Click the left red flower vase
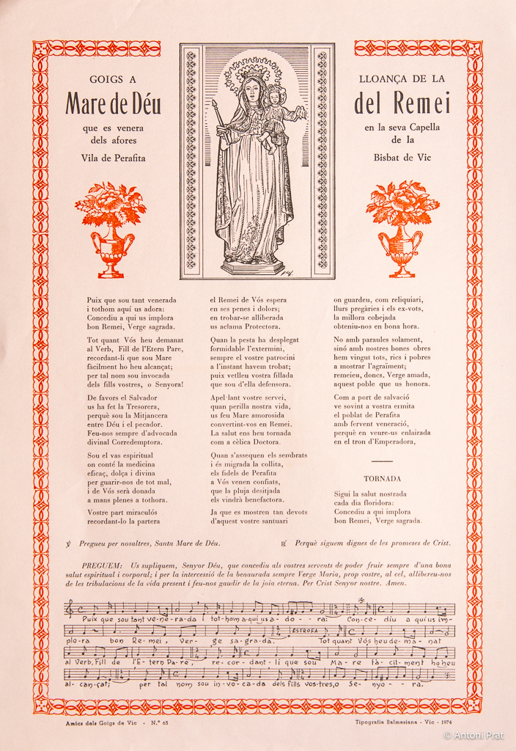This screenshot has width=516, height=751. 111,229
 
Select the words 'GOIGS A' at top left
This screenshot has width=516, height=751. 112,78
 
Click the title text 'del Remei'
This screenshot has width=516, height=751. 402,103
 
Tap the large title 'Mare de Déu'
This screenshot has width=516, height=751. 113,103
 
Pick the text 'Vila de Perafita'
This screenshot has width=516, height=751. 113,158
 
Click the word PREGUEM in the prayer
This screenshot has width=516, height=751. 103,565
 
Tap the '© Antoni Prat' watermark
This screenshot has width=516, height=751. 474,735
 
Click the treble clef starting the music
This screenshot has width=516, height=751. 70,609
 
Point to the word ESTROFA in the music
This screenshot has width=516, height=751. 303,630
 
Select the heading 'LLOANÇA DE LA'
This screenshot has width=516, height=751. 402,78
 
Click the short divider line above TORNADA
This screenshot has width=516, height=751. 382,461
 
